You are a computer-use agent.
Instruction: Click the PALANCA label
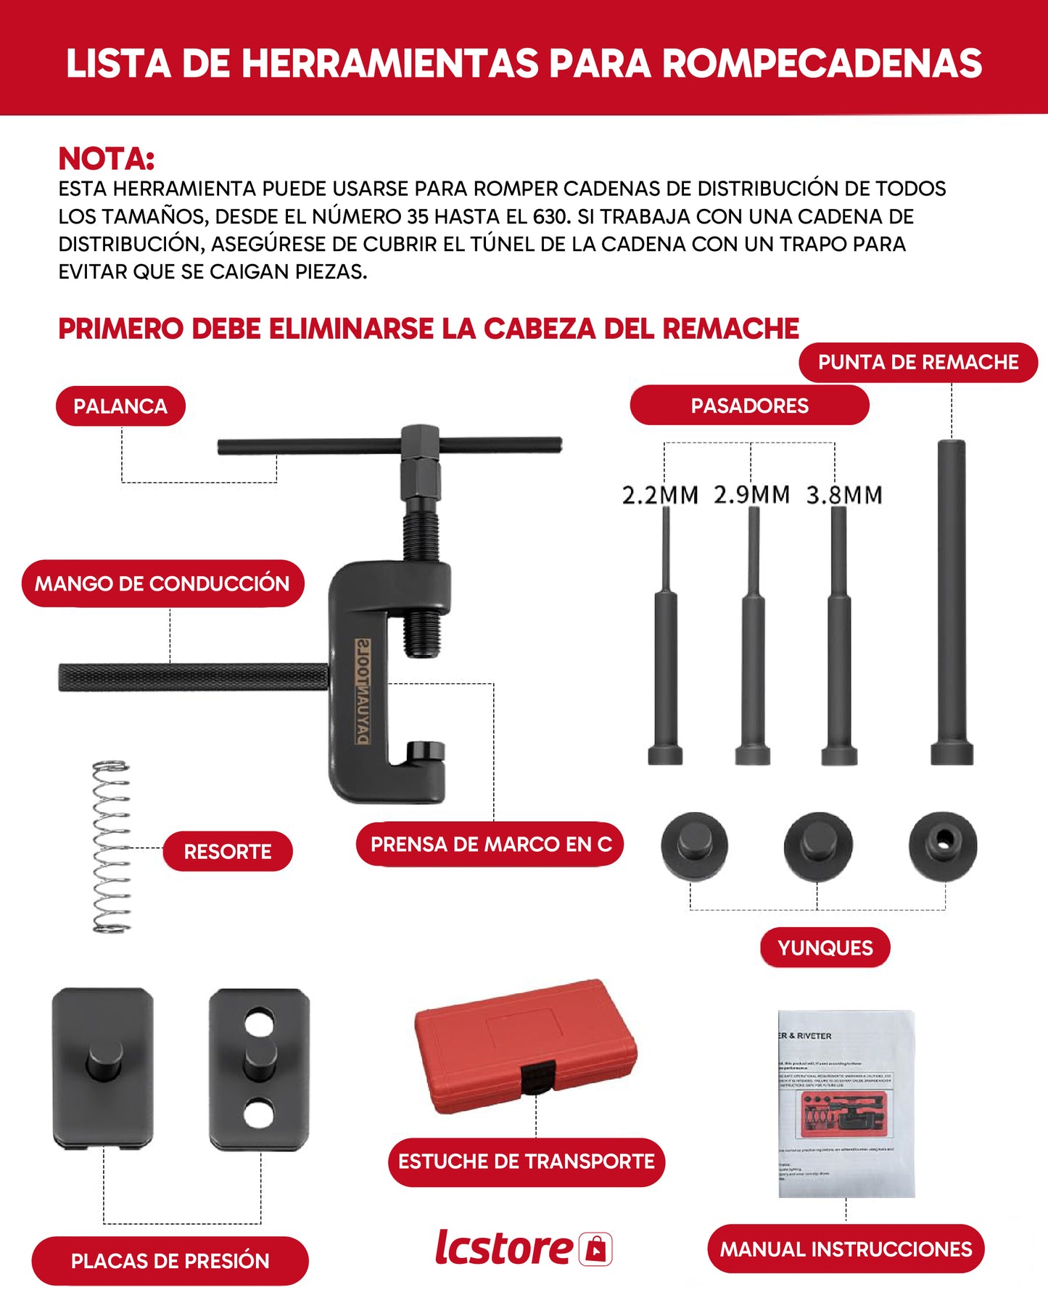tap(120, 406)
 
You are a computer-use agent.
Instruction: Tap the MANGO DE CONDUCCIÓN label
tap(162, 583)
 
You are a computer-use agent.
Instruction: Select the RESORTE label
tap(227, 851)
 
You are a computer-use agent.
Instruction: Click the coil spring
tap(111, 847)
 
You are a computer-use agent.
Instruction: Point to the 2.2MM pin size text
tap(660, 496)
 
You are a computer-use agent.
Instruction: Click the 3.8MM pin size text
tap(844, 496)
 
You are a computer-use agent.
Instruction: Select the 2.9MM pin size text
tap(751, 495)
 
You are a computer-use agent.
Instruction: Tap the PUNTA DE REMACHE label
tap(918, 362)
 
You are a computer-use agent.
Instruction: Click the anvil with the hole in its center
tap(942, 844)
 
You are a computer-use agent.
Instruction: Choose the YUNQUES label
tap(825, 948)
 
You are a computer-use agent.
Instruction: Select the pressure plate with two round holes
tap(259, 1067)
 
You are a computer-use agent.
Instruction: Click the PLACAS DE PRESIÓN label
tap(170, 1261)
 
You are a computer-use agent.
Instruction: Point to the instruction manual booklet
tap(846, 1103)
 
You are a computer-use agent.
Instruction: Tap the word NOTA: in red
tap(107, 159)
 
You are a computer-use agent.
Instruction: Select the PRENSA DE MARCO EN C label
tap(490, 844)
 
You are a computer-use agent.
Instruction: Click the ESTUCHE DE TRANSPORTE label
tap(526, 1162)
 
